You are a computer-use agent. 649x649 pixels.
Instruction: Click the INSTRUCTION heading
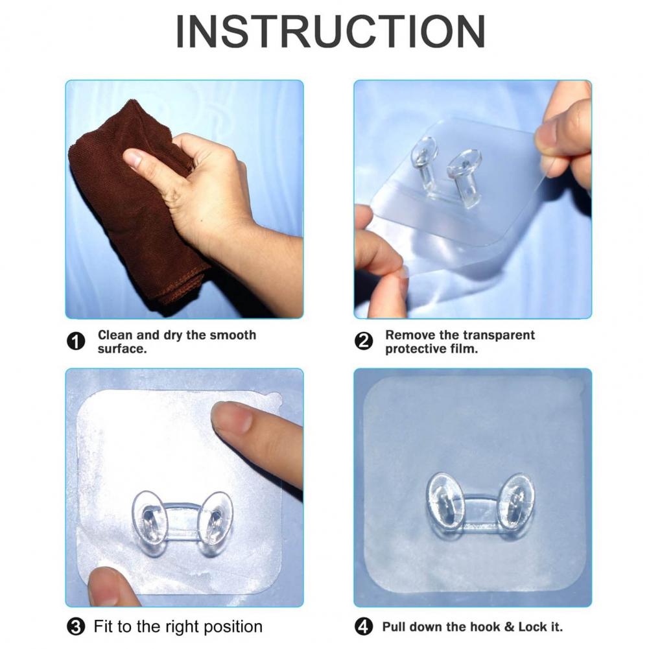coord(330,32)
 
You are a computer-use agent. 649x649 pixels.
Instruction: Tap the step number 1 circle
coord(76,342)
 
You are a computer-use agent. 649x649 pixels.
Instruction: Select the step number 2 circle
coord(364,342)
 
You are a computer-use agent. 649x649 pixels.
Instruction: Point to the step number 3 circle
coord(76,627)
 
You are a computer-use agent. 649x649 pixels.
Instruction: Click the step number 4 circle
coord(364,627)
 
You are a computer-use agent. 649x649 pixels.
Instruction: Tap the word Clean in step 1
coord(115,335)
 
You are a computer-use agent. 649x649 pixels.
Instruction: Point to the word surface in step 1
coord(122,349)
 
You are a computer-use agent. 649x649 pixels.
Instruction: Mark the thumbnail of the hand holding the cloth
coord(132,158)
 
